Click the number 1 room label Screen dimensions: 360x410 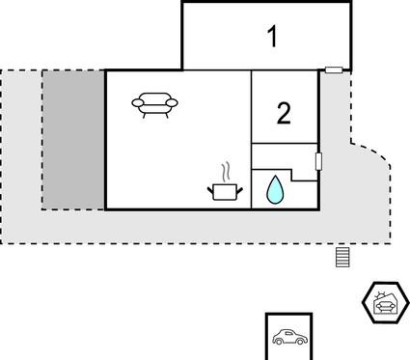point(273,38)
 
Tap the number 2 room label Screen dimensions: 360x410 point(284,113)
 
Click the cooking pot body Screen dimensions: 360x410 point(225,193)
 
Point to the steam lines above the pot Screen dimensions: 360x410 point(226,173)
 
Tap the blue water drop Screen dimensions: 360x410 point(276,190)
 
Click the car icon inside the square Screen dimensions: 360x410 point(288,338)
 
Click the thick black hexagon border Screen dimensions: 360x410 point(366,305)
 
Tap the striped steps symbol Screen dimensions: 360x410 point(341,257)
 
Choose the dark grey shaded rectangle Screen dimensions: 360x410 point(73,139)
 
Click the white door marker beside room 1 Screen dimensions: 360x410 point(334,69)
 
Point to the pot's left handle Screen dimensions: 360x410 point(210,189)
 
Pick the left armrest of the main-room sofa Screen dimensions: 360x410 point(137,101)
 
